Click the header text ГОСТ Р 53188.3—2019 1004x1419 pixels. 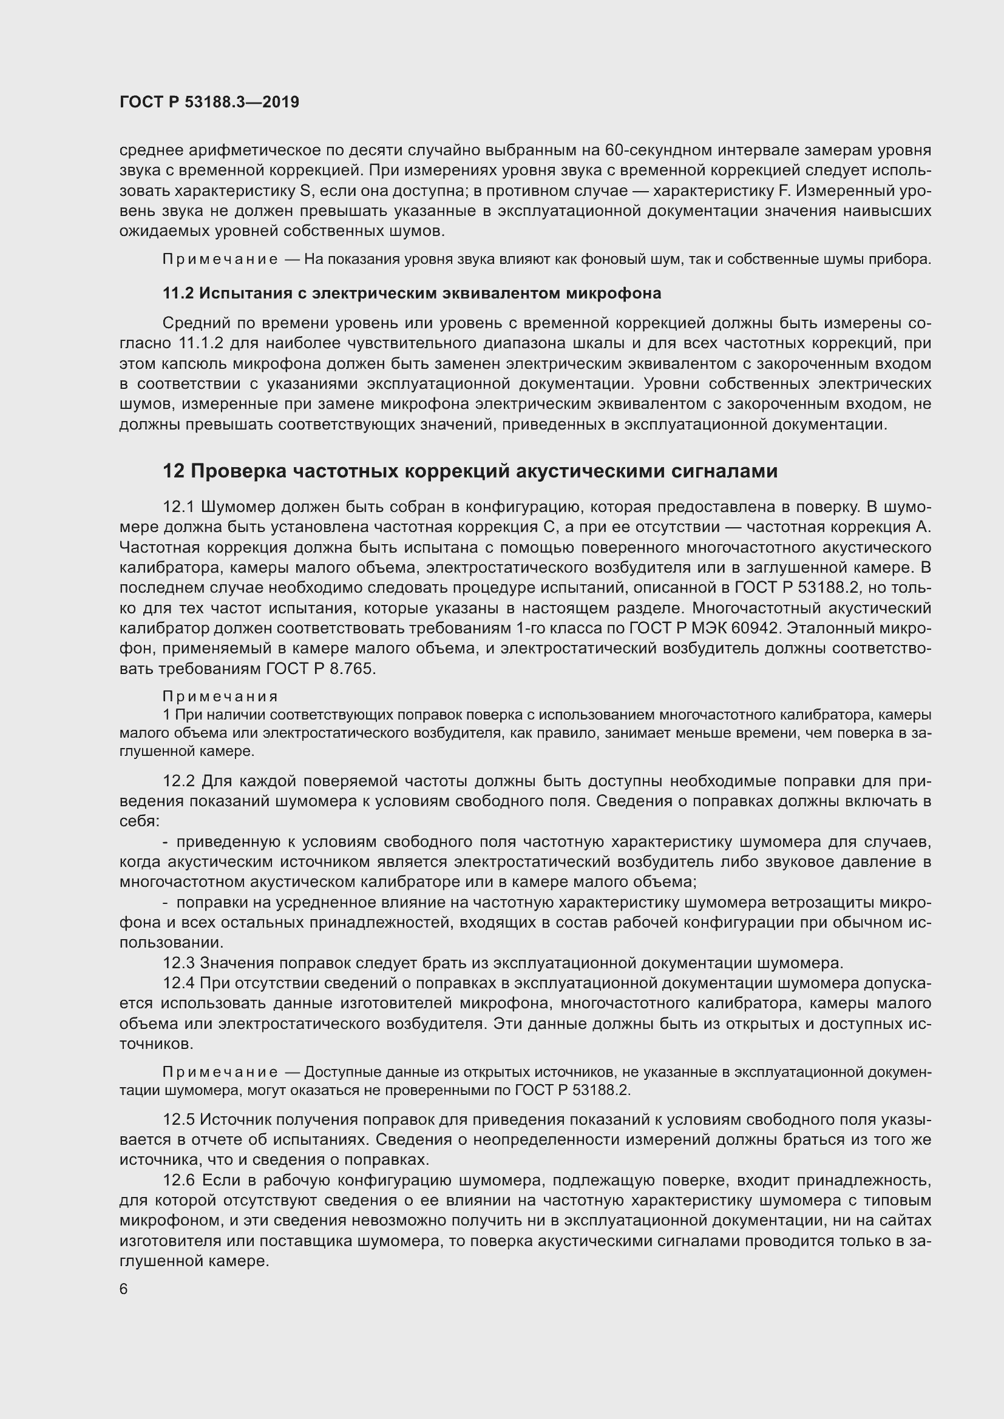[209, 102]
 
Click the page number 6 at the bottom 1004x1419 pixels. [124, 1289]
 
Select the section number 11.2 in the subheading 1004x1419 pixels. [178, 294]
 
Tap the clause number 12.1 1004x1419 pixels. [178, 507]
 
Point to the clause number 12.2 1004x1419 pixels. [178, 781]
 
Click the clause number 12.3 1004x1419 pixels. [178, 963]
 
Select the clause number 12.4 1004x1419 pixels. [178, 983]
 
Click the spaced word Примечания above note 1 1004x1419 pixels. [220, 696]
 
